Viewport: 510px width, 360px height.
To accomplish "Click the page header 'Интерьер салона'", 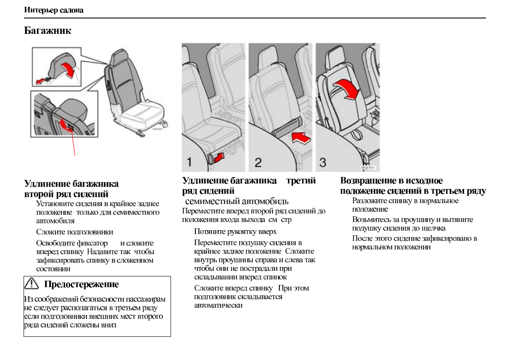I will [x=54, y=10].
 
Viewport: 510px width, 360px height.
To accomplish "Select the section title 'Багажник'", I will [x=48, y=31].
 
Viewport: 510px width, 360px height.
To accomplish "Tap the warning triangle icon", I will [x=32, y=284].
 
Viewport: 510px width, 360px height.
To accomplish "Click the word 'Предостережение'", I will [x=81, y=284].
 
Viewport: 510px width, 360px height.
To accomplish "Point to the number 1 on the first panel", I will [x=189, y=162].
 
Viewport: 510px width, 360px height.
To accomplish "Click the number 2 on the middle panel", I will [x=258, y=162].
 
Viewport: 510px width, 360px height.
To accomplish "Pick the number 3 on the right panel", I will [x=324, y=162].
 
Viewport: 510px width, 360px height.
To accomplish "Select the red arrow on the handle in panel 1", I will [x=218, y=158].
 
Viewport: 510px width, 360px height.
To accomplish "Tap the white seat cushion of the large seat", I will [x=141, y=114].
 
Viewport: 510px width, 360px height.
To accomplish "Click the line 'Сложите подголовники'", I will [x=75, y=232].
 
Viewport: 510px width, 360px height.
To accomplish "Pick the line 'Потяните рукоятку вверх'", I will [x=235, y=232].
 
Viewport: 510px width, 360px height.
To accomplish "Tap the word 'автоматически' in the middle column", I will [x=218, y=306].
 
